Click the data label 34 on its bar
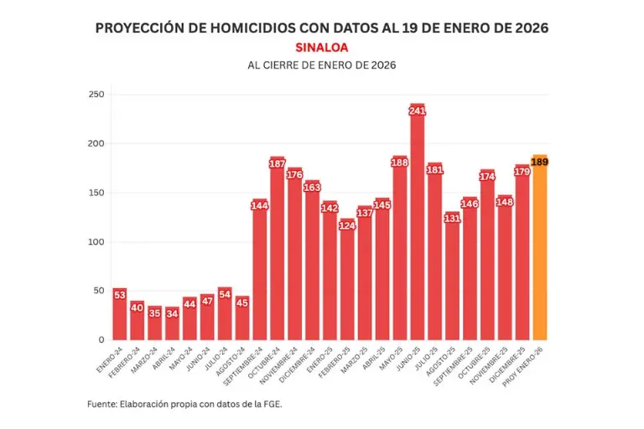click(173, 313)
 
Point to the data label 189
click(539, 161)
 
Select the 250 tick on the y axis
click(96, 95)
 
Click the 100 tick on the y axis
click(96, 242)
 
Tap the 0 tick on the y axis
click(100, 340)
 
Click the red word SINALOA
click(321, 48)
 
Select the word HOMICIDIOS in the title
click(250, 28)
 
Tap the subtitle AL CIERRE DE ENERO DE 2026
click(321, 65)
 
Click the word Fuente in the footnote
click(103, 404)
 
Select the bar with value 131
click(452, 276)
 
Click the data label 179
click(522, 172)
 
